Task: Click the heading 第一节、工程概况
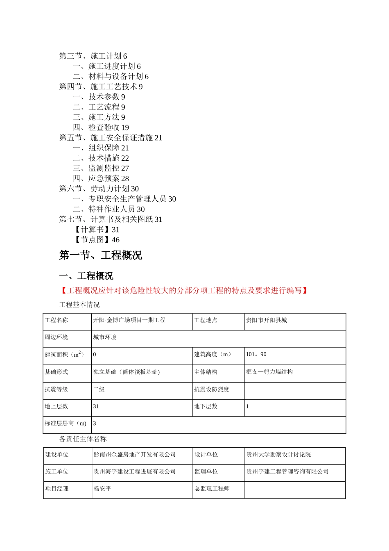coord(100,255)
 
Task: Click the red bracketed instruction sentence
coord(184,291)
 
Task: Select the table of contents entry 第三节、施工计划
coord(93,56)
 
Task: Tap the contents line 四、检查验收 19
coord(101,128)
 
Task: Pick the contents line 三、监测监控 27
coord(101,168)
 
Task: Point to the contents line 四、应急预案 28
coord(101,179)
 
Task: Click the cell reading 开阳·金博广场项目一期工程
coord(129,320)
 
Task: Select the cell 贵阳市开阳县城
coord(266,320)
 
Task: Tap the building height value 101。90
coord(256,355)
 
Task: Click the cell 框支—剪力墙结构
coord(269,372)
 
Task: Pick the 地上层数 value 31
coord(96,406)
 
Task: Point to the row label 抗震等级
coord(56,389)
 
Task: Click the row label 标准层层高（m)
coord(66,423)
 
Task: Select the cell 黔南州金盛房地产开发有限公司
coord(134,455)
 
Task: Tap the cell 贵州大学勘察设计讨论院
coord(278,455)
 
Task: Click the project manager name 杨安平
coord(102,489)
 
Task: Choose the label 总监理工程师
coord(212,489)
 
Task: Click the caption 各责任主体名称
coord(83,439)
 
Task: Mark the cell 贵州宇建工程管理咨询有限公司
coord(287,472)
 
